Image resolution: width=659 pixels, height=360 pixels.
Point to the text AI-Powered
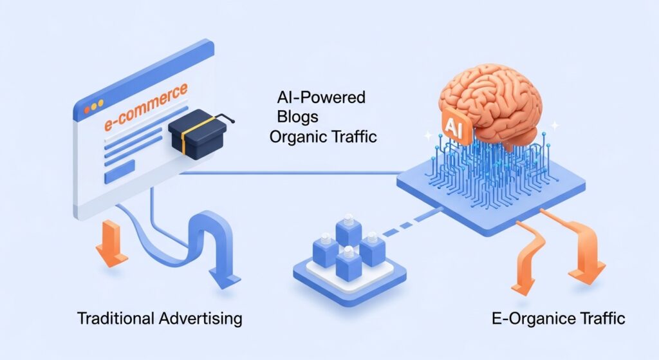click(320, 99)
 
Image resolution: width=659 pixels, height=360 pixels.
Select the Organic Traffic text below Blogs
click(323, 137)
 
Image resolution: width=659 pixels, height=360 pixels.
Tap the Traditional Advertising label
click(160, 318)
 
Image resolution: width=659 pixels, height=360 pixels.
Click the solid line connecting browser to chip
click(290, 173)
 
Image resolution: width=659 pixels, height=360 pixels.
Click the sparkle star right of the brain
click(555, 126)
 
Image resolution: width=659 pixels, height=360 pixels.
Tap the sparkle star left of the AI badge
click(426, 136)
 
